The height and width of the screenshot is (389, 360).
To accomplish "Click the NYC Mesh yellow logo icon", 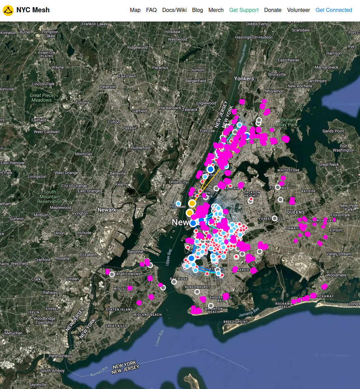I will tap(8, 10).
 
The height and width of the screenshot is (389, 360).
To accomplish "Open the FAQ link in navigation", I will tap(151, 10).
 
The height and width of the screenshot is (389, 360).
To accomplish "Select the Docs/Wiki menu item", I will tap(174, 10).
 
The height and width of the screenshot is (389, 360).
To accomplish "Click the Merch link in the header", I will tap(216, 10).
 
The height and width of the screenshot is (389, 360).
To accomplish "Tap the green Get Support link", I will tap(244, 10).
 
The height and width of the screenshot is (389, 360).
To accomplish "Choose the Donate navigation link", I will tap(273, 10).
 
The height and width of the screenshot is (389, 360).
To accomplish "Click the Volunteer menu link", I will tap(299, 10).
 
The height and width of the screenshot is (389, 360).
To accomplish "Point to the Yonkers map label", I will tap(244, 78).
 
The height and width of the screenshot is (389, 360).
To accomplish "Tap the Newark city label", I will tap(107, 210).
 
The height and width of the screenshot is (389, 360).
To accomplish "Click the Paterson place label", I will tap(108, 87).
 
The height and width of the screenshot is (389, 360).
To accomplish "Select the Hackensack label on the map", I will tap(170, 108).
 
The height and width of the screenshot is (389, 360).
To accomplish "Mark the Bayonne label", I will tap(135, 251).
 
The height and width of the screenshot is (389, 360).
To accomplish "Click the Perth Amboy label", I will tap(60, 356).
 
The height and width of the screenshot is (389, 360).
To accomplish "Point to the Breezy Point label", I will tap(235, 322).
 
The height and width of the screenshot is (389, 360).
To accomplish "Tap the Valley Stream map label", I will tap(339, 254).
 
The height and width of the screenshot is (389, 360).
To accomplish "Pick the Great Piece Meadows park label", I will tap(42, 98).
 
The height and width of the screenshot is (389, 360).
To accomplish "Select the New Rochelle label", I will tap(300, 86).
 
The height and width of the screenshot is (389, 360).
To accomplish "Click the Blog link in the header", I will tap(198, 10).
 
